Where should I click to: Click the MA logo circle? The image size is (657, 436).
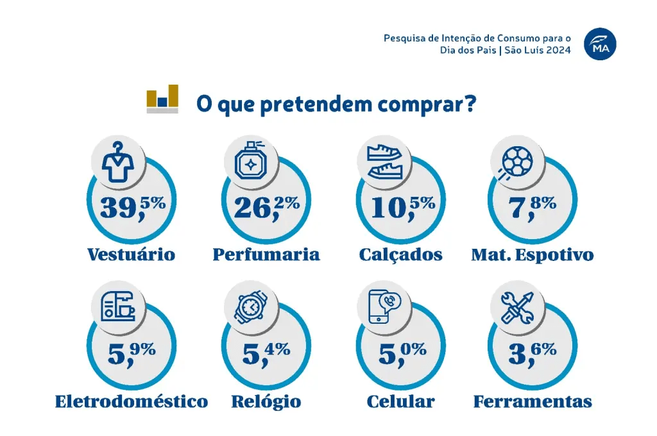click(x=599, y=44)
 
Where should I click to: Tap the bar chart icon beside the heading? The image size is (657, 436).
click(x=162, y=99)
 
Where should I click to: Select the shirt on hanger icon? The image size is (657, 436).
click(x=121, y=162)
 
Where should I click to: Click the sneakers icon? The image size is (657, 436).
click(x=384, y=162)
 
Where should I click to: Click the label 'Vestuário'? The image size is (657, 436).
click(x=131, y=255)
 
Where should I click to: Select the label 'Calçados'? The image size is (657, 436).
click(x=401, y=255)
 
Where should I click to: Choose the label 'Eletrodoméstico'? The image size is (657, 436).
click(x=132, y=401)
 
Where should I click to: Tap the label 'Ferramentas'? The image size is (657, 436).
click(x=533, y=401)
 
